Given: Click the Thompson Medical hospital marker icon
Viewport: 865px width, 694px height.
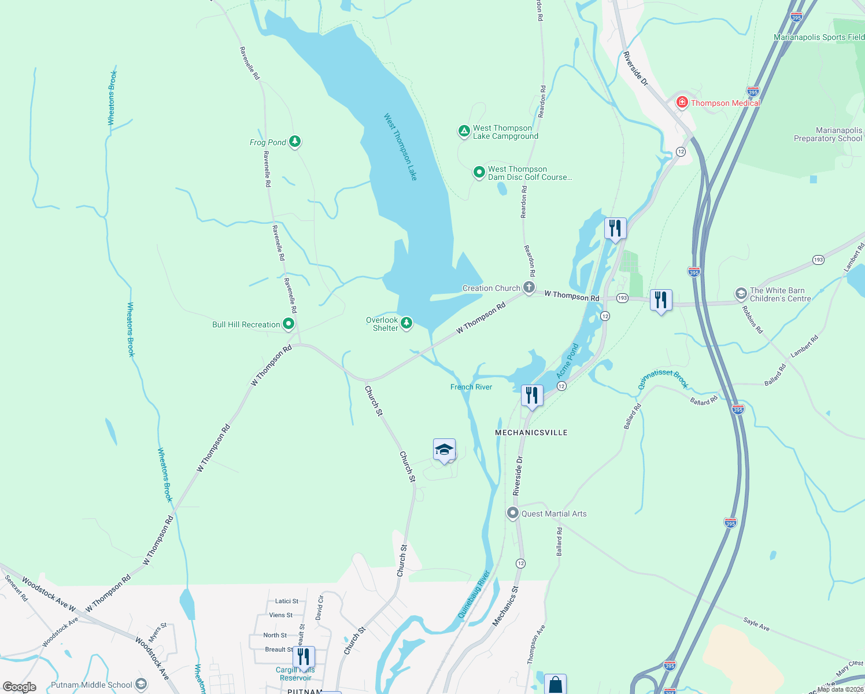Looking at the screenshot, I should point(682,102).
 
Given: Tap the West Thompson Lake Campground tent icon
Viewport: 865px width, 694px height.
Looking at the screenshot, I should point(464,131).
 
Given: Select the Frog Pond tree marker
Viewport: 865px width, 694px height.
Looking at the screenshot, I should point(295,141).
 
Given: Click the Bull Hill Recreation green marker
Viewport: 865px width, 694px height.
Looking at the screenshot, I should point(288,324).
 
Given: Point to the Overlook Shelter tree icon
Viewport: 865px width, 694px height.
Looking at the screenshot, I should point(406,323).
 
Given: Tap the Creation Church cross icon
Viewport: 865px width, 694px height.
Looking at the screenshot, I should point(528,287).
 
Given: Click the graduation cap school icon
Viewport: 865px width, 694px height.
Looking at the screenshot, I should point(444,450).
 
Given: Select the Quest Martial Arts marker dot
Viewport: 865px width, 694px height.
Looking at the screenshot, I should point(512,513).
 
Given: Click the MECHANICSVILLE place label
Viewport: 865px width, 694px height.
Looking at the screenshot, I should point(531,433).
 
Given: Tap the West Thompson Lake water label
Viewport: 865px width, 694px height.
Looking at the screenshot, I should point(400,147).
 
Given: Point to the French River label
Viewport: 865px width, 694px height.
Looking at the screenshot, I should point(471,387).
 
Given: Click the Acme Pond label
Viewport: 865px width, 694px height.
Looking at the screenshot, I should point(567,361).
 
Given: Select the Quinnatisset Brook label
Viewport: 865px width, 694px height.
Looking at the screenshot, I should point(663,379).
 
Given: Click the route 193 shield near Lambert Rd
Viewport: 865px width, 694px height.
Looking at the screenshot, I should point(818,260).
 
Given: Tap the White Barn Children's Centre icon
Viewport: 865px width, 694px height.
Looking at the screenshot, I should point(741,294).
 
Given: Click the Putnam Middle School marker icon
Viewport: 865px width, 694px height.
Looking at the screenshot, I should point(141,685).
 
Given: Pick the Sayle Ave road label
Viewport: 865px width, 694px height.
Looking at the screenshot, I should point(756,624).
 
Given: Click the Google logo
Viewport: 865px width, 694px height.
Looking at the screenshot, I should point(20,687).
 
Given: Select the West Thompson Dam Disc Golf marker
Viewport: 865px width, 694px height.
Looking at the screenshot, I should point(479,172).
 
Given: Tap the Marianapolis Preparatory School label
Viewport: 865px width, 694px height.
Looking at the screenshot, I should point(828,134).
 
